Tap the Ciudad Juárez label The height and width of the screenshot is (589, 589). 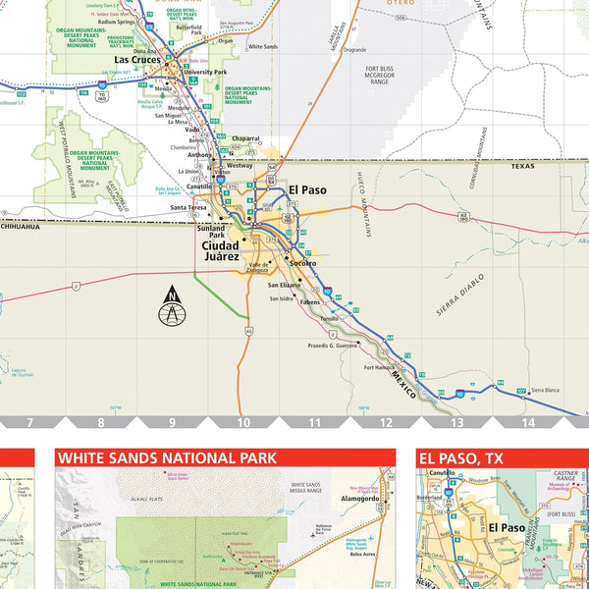pos(220,250)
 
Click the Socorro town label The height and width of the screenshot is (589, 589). pos(302,263)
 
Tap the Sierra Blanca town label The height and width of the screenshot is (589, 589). pos(546,390)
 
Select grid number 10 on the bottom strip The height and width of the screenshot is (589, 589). pos(243,423)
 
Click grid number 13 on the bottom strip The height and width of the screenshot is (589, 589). pos(456,423)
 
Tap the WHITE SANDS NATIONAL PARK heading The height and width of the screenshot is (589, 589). pos(166,457)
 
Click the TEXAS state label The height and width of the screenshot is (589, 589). pos(522,167)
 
